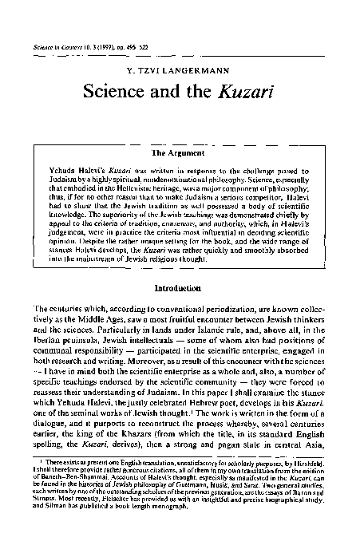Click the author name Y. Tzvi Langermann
click(180, 69)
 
